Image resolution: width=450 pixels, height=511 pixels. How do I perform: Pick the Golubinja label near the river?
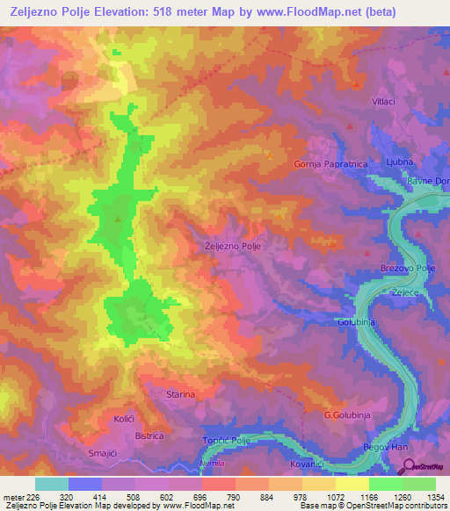pyautogui.click(x=357, y=322)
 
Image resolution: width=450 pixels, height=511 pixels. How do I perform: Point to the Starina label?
pyautogui.click(x=181, y=395)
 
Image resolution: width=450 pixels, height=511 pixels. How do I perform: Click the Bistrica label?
pyautogui.click(x=150, y=435)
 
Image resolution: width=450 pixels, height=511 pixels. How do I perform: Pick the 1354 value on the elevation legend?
pyautogui.click(x=435, y=496)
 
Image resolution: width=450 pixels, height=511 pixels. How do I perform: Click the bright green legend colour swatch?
pyautogui.click(x=385, y=484)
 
